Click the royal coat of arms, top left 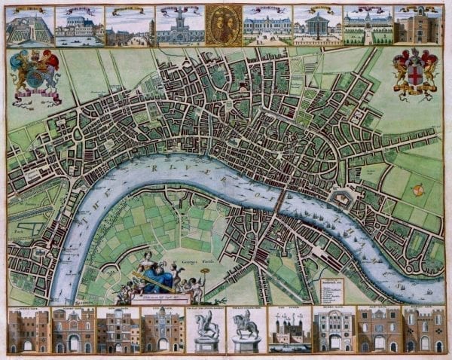coord(35,75)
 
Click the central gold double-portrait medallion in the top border coord(223,26)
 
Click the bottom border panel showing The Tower coord(289,330)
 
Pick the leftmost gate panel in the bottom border coord(27,330)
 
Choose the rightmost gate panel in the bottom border coord(424,330)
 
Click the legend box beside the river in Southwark coord(332,288)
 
